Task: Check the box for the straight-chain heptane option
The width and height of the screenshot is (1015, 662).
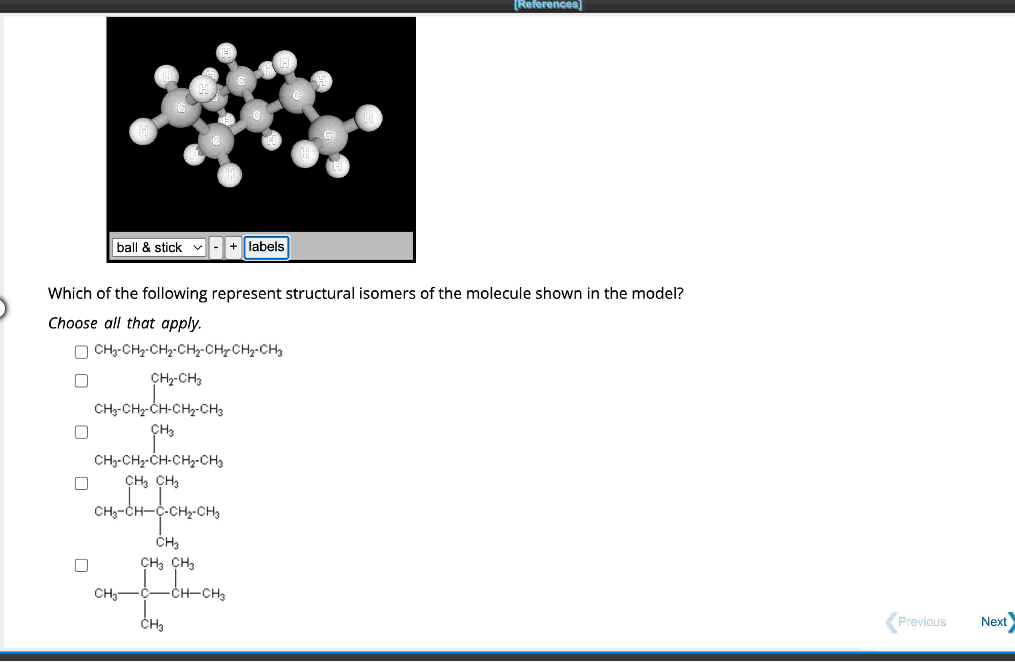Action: click(81, 352)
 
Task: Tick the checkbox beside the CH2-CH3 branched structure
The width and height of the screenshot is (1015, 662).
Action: click(81, 380)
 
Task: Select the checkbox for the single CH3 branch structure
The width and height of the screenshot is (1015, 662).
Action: click(81, 432)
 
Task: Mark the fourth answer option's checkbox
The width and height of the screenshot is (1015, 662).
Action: click(81, 483)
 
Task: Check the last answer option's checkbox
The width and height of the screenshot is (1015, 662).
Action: click(81, 565)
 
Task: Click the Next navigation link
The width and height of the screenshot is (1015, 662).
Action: click(994, 621)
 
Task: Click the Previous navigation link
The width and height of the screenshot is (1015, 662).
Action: click(921, 621)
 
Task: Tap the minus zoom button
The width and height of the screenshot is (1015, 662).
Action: click(216, 247)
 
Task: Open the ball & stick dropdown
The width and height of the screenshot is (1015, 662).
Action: click(159, 247)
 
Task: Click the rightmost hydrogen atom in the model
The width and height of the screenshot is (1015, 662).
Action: click(368, 117)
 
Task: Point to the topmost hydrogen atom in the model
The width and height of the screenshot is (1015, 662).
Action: click(226, 53)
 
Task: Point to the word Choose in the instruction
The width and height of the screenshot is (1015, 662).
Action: click(73, 323)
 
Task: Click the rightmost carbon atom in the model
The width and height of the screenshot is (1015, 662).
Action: click(328, 135)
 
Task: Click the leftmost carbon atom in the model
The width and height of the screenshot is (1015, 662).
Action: click(181, 108)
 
